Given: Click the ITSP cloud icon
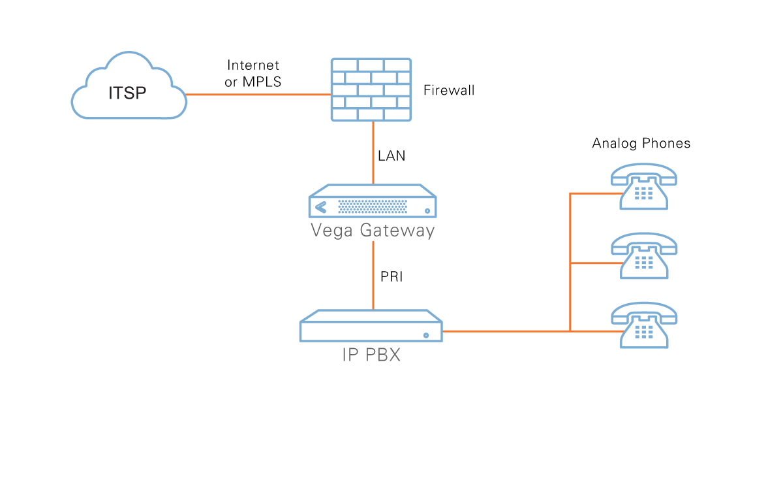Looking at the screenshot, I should tap(129, 91).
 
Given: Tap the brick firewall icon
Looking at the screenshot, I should tap(371, 90).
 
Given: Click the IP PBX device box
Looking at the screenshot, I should tap(371, 327).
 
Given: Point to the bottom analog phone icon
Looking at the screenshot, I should tap(643, 325).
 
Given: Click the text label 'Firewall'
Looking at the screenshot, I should tap(449, 90).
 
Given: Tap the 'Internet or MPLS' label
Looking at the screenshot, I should tap(253, 74).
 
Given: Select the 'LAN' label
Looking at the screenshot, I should tap(391, 156).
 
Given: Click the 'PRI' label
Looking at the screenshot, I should tap(391, 277).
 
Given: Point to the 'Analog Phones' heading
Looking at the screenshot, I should tap(641, 143).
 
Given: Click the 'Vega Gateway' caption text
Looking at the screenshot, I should tap(373, 231).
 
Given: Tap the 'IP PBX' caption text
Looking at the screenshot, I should tap(371, 355).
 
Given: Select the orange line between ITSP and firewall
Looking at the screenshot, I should tap(258, 95).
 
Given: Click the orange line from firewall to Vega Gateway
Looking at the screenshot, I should tap(373, 154).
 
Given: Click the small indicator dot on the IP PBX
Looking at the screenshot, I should tap(426, 335).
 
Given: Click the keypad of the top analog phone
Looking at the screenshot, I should tap(644, 193).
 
